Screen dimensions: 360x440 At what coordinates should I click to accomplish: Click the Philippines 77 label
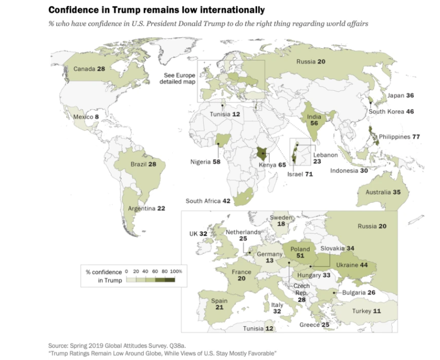(x=399, y=137)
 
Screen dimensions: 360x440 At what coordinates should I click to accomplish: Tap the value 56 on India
(x=313, y=123)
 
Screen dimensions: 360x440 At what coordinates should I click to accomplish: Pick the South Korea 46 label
(x=391, y=112)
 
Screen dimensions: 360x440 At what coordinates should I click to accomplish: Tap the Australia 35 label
(x=383, y=192)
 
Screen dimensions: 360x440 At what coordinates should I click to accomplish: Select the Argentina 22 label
(x=146, y=208)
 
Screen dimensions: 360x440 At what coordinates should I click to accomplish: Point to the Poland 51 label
(x=300, y=253)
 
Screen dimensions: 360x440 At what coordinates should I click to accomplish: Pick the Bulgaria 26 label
(x=356, y=292)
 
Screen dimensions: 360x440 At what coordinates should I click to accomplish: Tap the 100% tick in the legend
(x=177, y=271)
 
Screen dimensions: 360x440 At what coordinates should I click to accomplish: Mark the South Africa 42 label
(x=208, y=201)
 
